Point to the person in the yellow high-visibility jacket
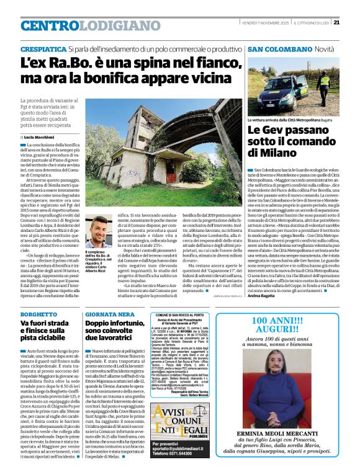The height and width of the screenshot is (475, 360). (323, 84)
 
